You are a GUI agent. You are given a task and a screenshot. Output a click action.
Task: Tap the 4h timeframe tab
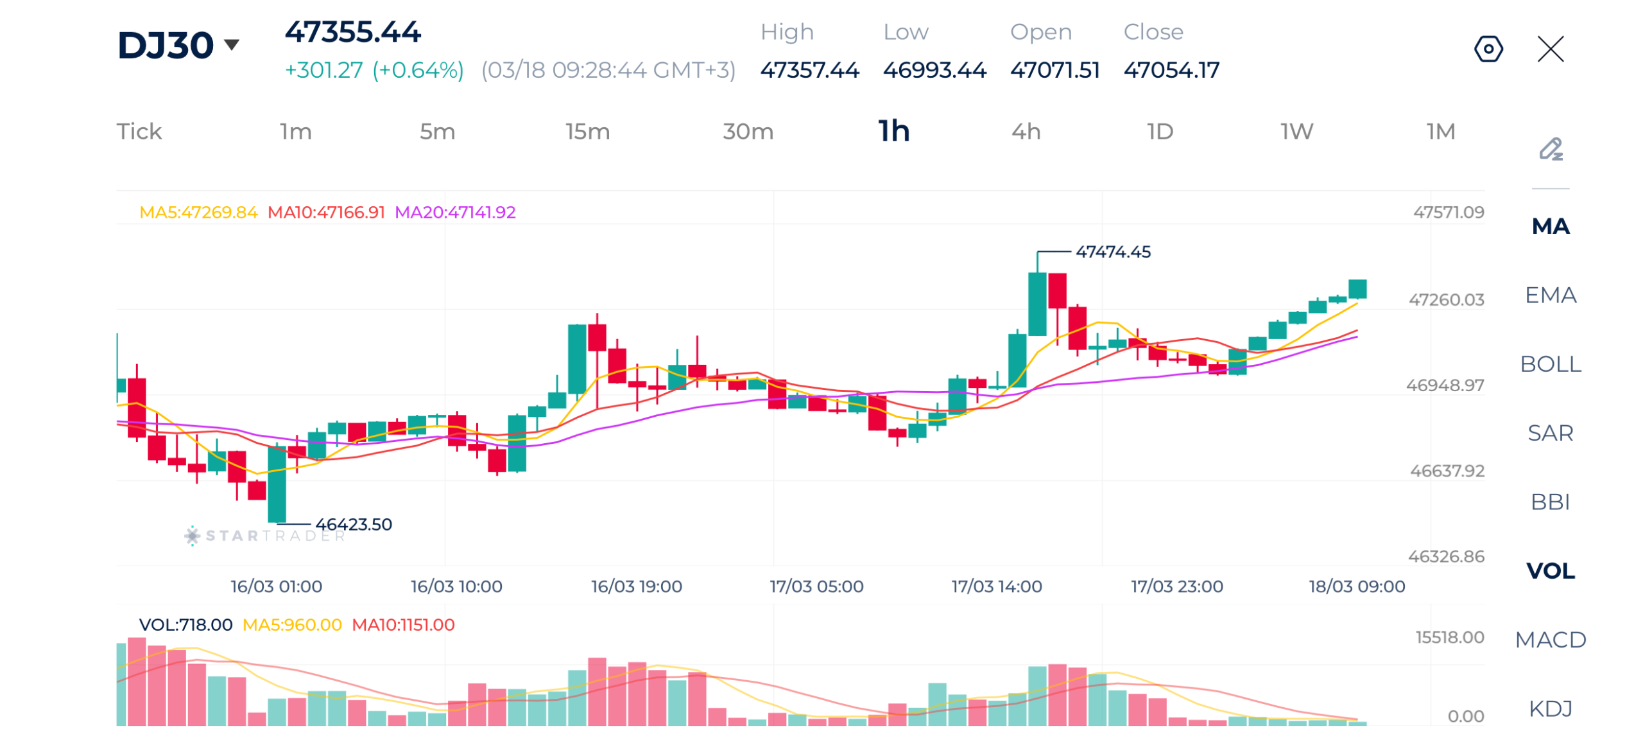click(x=1025, y=132)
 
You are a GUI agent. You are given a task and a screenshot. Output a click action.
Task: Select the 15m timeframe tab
click(x=587, y=132)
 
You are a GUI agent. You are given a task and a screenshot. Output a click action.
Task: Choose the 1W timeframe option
click(x=1296, y=132)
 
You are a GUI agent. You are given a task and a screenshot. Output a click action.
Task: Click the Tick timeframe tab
click(x=139, y=132)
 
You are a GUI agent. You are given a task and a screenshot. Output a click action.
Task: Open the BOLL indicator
click(x=1549, y=364)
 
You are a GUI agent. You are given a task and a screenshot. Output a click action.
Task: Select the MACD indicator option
click(x=1549, y=640)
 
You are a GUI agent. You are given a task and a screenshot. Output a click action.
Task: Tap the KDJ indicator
click(x=1549, y=708)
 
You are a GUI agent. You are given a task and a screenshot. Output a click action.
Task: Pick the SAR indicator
click(x=1549, y=433)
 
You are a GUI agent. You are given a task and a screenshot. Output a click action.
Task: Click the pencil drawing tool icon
click(x=1550, y=149)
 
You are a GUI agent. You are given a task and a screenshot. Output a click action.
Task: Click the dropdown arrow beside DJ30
click(x=231, y=44)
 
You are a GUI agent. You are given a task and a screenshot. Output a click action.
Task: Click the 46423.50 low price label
click(x=353, y=525)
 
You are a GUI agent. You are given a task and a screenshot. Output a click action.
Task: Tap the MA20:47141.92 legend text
click(x=454, y=213)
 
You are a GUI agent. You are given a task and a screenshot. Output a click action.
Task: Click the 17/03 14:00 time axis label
click(x=996, y=586)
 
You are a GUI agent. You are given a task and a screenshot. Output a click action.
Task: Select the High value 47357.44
click(x=809, y=70)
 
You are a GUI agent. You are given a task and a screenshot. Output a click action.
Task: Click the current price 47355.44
click(x=352, y=32)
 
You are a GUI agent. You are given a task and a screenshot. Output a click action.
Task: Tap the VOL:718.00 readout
click(x=185, y=625)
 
